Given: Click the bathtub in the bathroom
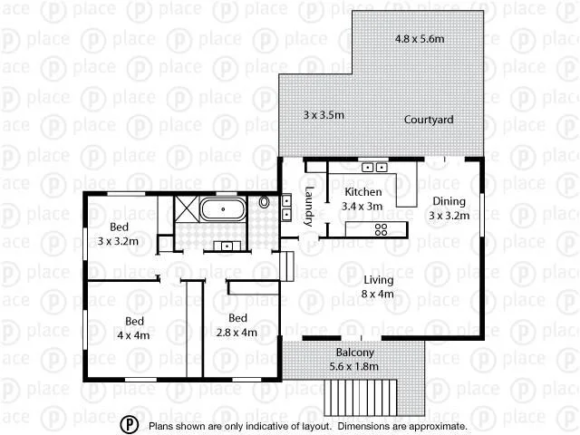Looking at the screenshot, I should coord(223,211).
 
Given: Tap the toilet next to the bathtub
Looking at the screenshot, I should coord(265,203).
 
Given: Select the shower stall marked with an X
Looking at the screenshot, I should coord(185,210).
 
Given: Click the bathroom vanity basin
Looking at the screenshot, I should coord(223,246).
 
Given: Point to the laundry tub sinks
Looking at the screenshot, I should coord(286,208).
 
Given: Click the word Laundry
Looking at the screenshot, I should coord(309,206).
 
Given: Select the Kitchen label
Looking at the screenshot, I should coord(363,193).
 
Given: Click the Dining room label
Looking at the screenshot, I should coord(448,201).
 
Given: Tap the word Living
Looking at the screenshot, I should coord(380,280).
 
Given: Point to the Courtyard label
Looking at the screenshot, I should coord(429,120).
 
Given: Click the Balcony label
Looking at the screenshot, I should coord(354,353).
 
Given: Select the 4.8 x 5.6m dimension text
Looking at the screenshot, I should coord(421,40).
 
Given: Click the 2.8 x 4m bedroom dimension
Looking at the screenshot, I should coord(237,333).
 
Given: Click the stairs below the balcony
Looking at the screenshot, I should coord(362,395).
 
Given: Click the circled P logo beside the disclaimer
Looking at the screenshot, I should coord(130,424).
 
